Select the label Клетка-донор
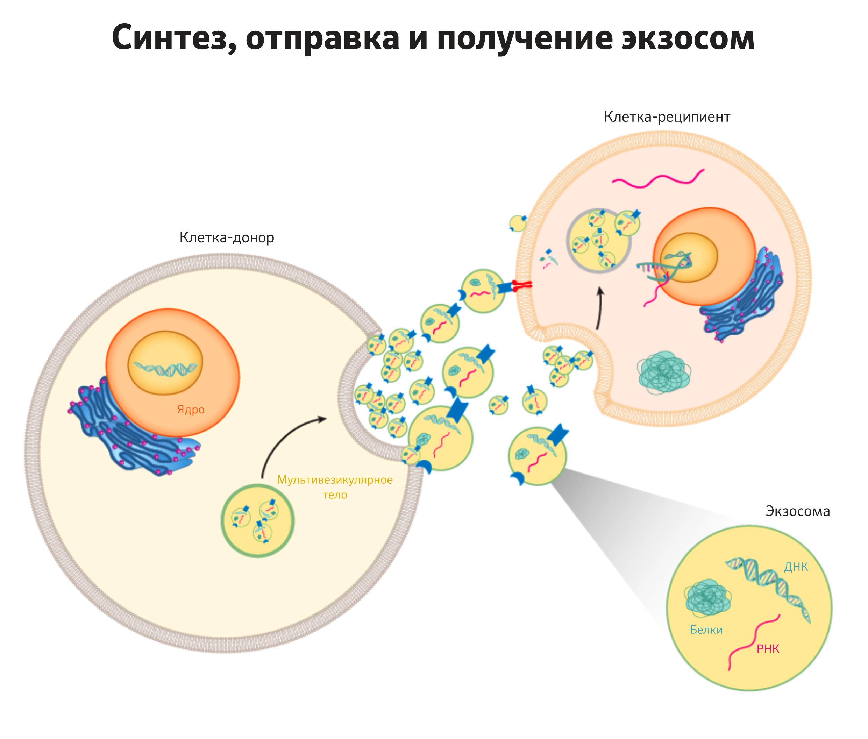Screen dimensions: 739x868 pyautogui.click(x=227, y=237)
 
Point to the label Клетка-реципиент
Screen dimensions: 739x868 pyautogui.click(x=667, y=117)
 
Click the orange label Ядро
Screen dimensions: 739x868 pyautogui.click(x=191, y=409)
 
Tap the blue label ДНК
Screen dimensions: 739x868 pyautogui.click(x=796, y=567)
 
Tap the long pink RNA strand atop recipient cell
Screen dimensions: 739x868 pyautogui.click(x=658, y=179)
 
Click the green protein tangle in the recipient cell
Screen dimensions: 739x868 pyautogui.click(x=664, y=372)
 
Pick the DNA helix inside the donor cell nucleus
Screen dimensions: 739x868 pyautogui.click(x=165, y=368)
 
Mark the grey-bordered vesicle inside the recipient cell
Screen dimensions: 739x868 pyautogui.click(x=599, y=241)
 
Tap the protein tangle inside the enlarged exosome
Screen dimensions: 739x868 pyautogui.click(x=708, y=598)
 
